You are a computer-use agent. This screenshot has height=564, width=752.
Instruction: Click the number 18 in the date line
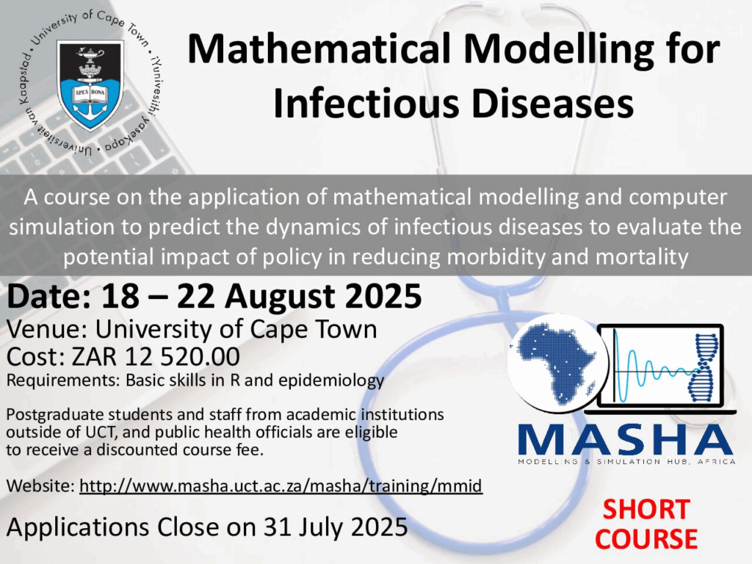point(120,296)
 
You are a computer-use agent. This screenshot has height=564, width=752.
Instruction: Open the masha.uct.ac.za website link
point(281,486)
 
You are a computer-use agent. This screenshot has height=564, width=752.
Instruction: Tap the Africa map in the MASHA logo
point(557,363)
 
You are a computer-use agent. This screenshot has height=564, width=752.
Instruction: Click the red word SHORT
point(646,510)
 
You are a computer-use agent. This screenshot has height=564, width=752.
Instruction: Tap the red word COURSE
point(646,539)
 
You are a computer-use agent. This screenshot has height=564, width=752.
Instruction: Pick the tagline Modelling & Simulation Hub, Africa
point(626,462)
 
